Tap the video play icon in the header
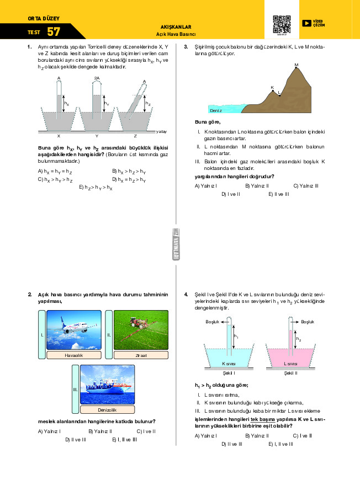[x=306, y=23]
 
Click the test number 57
[x=54, y=31]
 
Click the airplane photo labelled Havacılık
[x=74, y=330]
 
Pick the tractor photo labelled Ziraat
[x=141, y=330]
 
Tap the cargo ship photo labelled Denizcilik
[x=108, y=385]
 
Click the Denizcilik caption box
[x=108, y=410]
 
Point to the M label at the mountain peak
[x=297, y=65]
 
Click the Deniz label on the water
[x=216, y=110]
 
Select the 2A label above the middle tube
[x=97, y=78]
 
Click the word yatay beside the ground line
[x=161, y=132]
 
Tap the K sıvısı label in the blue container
[x=229, y=364]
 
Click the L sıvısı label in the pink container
[x=290, y=364]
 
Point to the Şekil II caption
[x=290, y=374]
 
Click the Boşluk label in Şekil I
[x=213, y=321]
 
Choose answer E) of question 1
[x=97, y=188]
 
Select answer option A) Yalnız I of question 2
[x=49, y=431]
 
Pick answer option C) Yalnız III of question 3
[x=306, y=186]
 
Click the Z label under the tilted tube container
[x=135, y=135]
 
